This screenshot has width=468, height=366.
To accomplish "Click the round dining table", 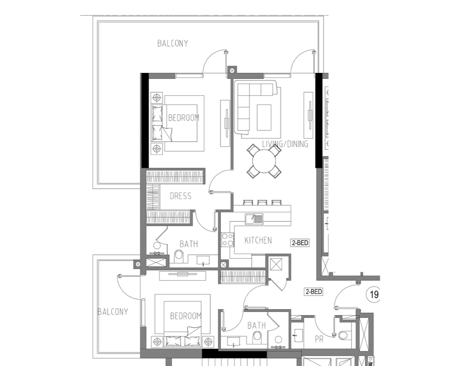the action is pos(264,161).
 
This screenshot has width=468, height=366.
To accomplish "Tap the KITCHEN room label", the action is pos(258,240).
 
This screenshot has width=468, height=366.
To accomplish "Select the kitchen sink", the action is pos(254,219).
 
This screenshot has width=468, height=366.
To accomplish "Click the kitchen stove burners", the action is pos(228,239).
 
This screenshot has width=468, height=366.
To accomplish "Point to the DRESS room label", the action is pos(180,196).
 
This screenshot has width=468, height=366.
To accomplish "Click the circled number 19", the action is pos(374,295).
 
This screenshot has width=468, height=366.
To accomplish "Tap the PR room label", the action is pos(319,339).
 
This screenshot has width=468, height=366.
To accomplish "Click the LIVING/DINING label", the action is pos(285,144).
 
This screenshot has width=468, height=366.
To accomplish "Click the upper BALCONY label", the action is pos(173,43).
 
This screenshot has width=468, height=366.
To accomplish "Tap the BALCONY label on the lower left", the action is pos(113,312).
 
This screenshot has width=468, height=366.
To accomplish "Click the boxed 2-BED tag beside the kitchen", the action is pos(300,243).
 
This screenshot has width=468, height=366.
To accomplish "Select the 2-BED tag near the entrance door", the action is pos(314,291).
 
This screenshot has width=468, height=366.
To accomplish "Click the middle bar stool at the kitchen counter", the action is pos(262,203).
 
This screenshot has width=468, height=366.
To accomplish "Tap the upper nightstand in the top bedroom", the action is pos(157,98).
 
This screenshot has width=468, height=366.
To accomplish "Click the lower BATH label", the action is pos(257,326).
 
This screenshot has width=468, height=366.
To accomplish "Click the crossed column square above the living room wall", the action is pos(232,71).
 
